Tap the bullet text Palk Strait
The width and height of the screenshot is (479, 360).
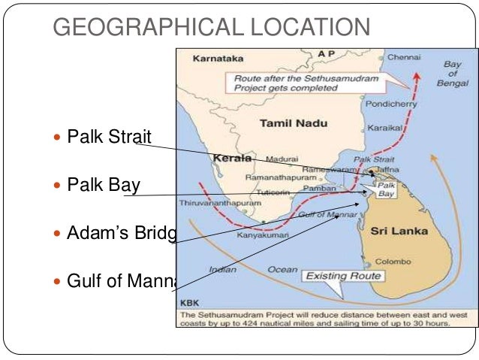109,137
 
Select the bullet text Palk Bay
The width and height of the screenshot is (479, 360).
104,184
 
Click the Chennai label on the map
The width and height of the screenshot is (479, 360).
404,57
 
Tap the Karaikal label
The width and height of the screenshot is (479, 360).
381,129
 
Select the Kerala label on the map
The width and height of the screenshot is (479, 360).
232,159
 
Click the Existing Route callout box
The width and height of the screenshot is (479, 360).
343,277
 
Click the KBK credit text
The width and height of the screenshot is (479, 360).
189,303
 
